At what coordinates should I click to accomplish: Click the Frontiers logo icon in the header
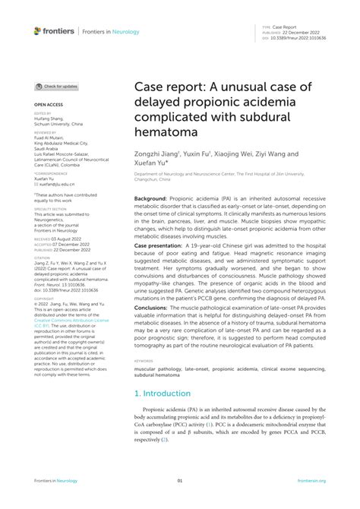click(38, 31)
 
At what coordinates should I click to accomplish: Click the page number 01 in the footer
click(180, 481)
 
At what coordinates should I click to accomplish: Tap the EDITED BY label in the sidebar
click(43, 112)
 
